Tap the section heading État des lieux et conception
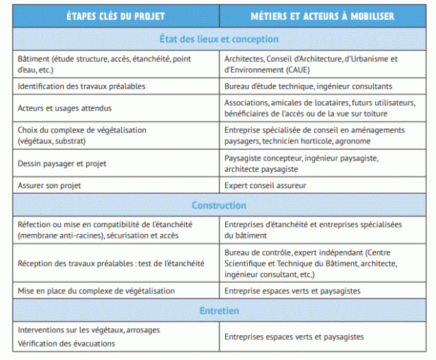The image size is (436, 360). [x=218, y=39]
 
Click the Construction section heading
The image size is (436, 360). [x=219, y=205]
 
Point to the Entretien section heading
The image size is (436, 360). [x=219, y=310]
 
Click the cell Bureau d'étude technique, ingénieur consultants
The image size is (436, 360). [x=308, y=86]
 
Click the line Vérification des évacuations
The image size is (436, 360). [x=67, y=344]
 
